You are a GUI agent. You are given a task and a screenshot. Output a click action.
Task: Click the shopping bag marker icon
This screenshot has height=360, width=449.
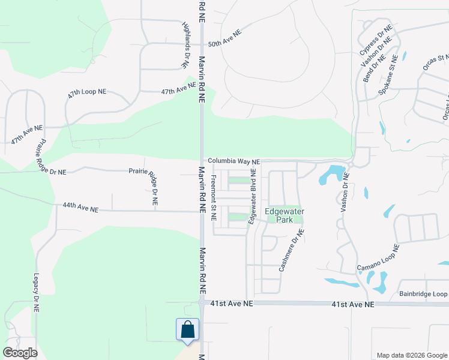[187, 329]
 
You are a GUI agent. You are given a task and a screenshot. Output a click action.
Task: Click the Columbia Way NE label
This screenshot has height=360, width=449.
[234, 161]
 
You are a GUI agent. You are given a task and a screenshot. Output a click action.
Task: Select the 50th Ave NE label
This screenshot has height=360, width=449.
[224, 39]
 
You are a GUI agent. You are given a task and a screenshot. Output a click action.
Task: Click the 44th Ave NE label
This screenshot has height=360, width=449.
[80, 208]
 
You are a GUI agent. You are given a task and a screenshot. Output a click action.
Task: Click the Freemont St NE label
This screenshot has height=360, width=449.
[214, 198]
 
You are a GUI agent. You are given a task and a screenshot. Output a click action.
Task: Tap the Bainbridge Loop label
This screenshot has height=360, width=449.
[423, 294]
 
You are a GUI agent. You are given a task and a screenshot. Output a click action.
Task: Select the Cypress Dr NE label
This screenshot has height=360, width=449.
[376, 37]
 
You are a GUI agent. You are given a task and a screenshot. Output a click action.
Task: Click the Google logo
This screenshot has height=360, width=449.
[20, 353]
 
